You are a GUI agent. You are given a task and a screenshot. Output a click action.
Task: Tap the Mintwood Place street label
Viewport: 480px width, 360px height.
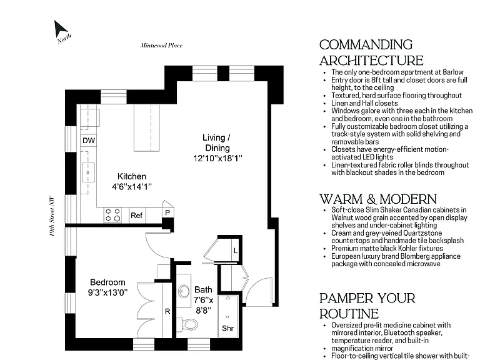coord(161,46)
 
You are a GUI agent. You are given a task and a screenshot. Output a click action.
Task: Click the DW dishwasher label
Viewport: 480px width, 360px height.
coord(89,141)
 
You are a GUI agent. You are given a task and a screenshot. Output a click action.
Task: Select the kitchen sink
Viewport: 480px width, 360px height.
coord(88,172)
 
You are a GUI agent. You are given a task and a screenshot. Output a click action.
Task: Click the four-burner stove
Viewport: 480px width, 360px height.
coord(112,214)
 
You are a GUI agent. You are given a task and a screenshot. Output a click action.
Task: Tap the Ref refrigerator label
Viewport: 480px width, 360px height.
coord(136,216)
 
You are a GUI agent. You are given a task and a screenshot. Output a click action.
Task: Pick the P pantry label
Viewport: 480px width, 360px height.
coord(167,212)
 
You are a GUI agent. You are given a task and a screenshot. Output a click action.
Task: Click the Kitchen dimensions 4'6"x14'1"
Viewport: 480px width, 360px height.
coord(132,187)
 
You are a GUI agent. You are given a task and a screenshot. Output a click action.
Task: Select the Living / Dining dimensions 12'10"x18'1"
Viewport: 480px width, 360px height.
coord(217,158)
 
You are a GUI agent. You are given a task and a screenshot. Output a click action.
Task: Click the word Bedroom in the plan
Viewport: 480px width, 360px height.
coord(107,282)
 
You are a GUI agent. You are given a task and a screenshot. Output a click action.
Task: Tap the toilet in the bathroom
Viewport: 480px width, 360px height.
coord(187,324)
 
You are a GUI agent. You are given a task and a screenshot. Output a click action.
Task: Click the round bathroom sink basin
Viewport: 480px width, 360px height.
coord(184,291)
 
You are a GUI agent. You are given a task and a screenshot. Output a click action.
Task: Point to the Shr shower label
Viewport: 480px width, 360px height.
coord(227,329)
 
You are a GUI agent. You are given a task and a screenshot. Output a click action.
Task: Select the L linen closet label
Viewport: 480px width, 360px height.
coord(236,251)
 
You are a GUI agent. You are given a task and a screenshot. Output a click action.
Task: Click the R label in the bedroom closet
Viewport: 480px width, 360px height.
coord(167,312)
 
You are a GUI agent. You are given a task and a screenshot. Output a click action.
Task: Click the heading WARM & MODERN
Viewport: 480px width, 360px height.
coord(378,199)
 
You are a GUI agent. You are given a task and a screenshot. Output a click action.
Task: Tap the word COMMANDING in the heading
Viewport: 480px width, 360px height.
coord(366,45)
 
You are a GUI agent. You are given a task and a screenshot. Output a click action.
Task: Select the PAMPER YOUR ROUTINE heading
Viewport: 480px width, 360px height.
coord(367,306)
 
